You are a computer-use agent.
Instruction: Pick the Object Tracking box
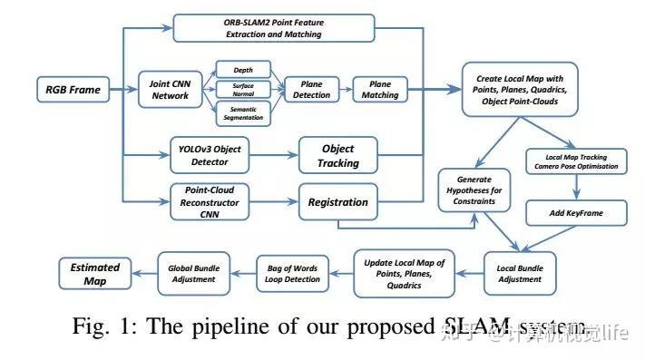[337, 155]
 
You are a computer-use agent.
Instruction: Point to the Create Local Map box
[521, 91]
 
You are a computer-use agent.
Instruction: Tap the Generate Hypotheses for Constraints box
[474, 188]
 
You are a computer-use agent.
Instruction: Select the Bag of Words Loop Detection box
[290, 273]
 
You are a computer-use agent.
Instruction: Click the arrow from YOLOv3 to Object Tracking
[273, 155]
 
